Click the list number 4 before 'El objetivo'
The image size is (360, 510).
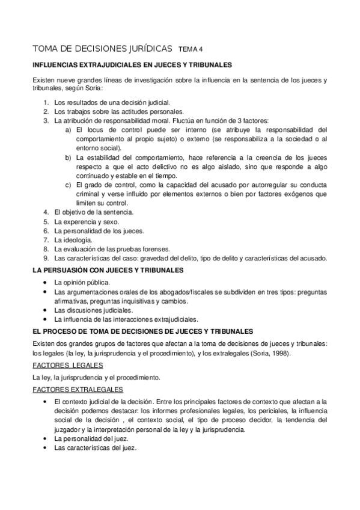46,212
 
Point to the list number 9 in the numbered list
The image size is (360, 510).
46,258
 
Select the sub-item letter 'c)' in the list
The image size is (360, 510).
69,184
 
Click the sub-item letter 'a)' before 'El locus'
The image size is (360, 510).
69,129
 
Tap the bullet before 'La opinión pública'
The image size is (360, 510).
46,281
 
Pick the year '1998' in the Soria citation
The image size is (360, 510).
279,353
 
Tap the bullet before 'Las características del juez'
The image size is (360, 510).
46,448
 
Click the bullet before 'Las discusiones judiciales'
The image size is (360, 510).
46,310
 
